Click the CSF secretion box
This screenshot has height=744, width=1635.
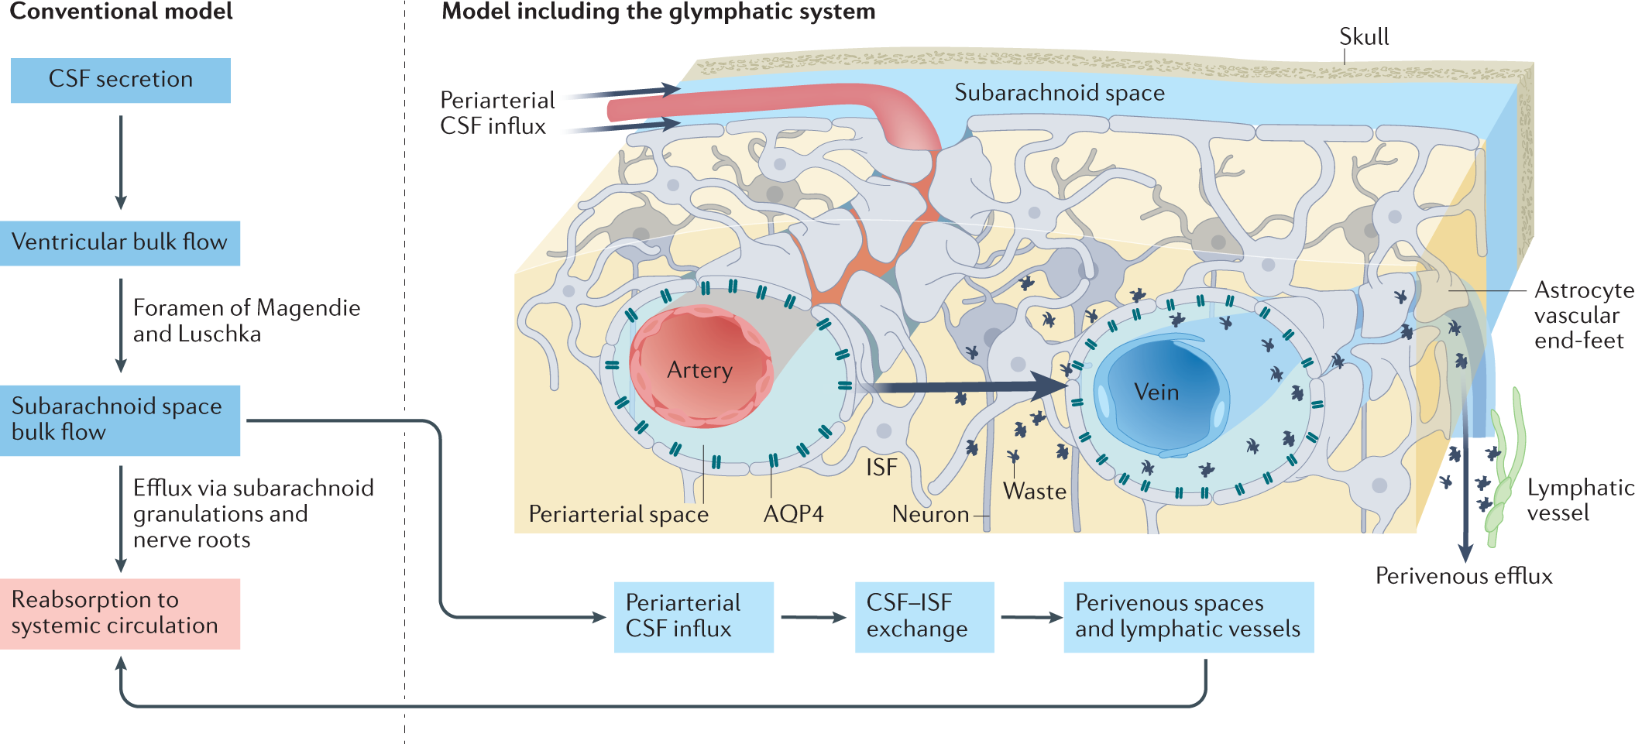pyautogui.click(x=120, y=80)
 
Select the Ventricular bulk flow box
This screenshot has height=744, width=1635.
pyautogui.click(x=120, y=243)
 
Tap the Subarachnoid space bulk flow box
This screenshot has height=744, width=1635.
pyautogui.click(x=120, y=420)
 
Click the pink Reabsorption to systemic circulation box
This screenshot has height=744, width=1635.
pyautogui.click(x=120, y=613)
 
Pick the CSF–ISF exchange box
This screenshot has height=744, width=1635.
pyautogui.click(x=924, y=617)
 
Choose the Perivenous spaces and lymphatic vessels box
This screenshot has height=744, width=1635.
pyautogui.click(x=1188, y=617)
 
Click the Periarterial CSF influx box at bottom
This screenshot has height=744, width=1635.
pyautogui.click(x=693, y=617)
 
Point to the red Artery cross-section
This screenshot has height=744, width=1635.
pyautogui.click(x=700, y=367)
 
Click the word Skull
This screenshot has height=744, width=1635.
pyautogui.click(x=1364, y=36)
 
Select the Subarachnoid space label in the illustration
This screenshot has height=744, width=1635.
pyautogui.click(x=1059, y=93)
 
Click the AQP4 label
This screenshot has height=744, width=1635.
pyautogui.click(x=793, y=514)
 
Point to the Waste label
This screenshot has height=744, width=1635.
pyautogui.click(x=1034, y=492)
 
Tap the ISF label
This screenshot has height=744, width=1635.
pyautogui.click(x=881, y=468)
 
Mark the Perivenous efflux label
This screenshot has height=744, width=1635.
pyautogui.click(x=1463, y=576)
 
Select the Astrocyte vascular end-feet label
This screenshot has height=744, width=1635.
pyautogui.click(x=1584, y=315)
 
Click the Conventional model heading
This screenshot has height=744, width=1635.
pyautogui.click(x=121, y=12)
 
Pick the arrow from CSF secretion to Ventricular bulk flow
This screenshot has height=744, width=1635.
pyautogui.click(x=121, y=162)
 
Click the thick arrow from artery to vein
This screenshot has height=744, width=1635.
pyautogui.click(x=968, y=386)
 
